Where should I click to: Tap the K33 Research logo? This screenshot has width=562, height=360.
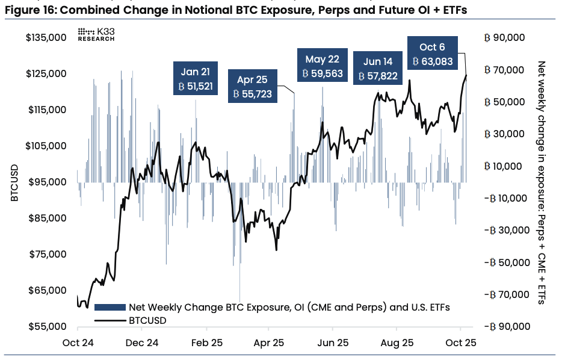click(x=97, y=34)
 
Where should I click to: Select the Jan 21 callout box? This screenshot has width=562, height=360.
click(x=196, y=79)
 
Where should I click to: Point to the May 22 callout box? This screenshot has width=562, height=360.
click(x=322, y=66)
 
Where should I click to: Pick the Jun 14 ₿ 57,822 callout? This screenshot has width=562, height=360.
click(x=378, y=69)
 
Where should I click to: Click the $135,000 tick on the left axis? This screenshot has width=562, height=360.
click(x=45, y=38)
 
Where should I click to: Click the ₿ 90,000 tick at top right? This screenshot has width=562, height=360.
click(x=504, y=38)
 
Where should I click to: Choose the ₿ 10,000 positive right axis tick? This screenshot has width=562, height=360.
click(x=504, y=166)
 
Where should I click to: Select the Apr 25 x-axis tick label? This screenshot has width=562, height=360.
click(x=268, y=343)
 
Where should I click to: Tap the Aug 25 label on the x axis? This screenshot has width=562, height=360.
click(x=397, y=343)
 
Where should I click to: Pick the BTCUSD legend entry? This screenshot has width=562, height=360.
click(x=147, y=320)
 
